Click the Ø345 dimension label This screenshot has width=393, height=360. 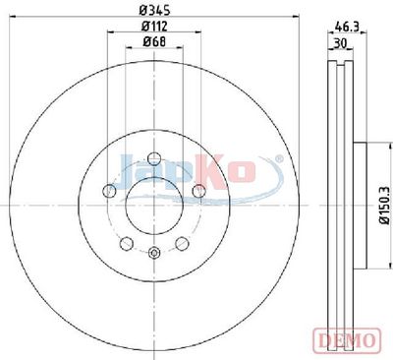(x=154, y=10)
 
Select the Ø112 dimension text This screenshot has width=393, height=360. (x=154, y=27)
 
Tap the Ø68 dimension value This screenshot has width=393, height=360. (x=154, y=41)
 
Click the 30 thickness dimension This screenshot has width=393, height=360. (x=341, y=43)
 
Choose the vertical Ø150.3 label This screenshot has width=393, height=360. (x=384, y=205)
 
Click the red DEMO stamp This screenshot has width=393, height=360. (x=347, y=340)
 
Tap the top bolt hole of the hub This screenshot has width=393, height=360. (x=154, y=159)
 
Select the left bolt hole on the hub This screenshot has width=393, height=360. (x=109, y=191)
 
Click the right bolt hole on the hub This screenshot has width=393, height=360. (x=198, y=191)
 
